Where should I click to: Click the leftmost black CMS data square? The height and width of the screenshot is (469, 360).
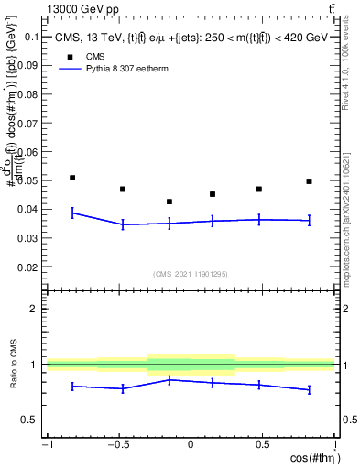(72, 178)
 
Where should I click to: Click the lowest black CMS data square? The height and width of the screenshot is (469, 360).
(169, 202)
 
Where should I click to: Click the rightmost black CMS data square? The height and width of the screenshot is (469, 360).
(310, 181)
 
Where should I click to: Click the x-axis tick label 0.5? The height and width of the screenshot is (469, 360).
(262, 446)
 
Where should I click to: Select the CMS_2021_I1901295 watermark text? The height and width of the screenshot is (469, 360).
(191, 274)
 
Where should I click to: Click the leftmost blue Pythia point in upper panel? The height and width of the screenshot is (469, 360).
(72, 213)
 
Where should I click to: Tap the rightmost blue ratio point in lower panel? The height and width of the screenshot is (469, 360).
(310, 390)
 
